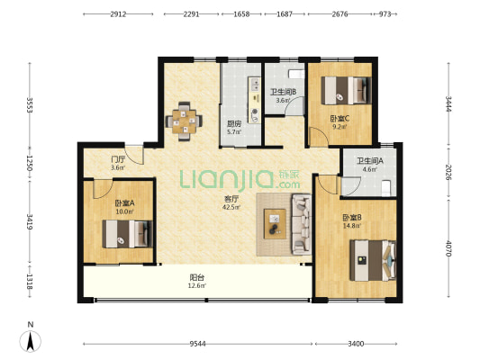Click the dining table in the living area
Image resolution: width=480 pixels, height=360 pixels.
(184, 121)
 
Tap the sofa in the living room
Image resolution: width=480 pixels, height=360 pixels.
(302, 224)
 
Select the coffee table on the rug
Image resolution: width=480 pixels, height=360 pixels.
(275, 224)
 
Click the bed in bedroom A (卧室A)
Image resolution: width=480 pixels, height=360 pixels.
(127, 234)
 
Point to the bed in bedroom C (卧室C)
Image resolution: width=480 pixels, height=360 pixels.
(346, 90)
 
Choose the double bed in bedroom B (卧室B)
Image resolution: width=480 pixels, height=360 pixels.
(373, 260)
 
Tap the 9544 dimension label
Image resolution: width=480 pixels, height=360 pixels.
(197, 344)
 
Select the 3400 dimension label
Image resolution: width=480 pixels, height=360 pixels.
(356, 344)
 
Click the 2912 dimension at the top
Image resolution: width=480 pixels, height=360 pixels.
(118, 14)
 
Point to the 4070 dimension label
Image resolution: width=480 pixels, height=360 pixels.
(448, 248)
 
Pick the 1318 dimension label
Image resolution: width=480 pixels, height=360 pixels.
(30, 282)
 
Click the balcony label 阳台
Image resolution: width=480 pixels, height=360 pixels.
(197, 277)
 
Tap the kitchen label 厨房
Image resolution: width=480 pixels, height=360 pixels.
(234, 124)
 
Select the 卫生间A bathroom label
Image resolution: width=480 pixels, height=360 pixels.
(370, 160)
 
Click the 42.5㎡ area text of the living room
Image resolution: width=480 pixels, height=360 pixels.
(231, 207)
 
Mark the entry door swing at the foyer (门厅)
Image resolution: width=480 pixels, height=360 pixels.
(134, 155)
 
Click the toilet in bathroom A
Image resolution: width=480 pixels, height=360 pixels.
(386, 188)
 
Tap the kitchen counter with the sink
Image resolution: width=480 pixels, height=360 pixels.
(254, 100)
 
